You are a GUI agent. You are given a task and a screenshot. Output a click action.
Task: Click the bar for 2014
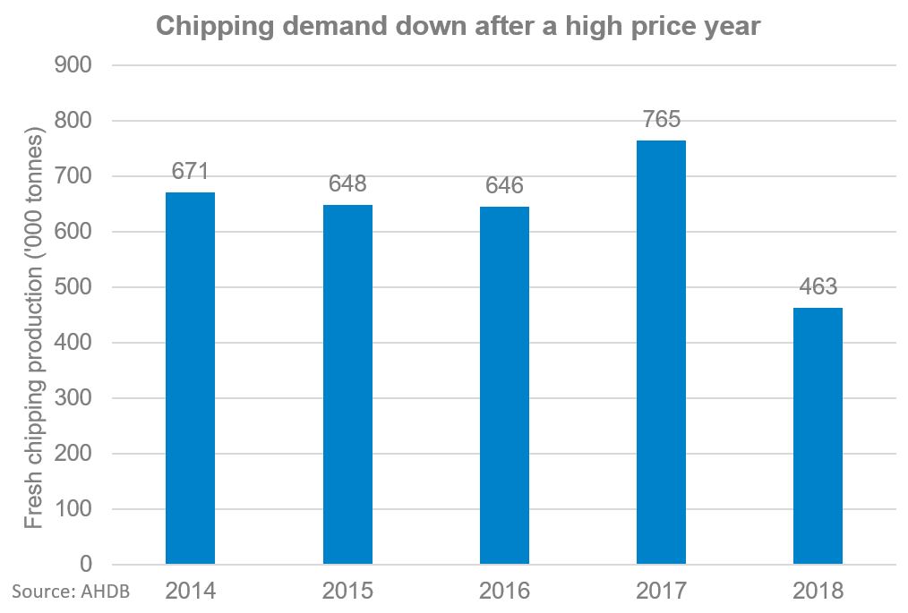point(190,379)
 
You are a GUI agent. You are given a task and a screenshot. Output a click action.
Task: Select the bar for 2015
point(347,385)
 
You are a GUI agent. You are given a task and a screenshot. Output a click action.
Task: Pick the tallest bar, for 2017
point(661,353)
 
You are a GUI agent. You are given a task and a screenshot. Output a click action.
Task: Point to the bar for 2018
point(818,436)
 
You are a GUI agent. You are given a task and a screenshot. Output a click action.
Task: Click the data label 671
point(190,172)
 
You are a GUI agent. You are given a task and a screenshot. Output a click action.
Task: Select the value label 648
point(347,184)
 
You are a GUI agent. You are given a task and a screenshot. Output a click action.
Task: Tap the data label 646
point(504,186)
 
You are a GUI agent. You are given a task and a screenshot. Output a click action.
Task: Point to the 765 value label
point(661,120)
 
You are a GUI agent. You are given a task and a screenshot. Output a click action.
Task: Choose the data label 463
point(818,287)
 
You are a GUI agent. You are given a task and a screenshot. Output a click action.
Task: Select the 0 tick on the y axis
point(87,565)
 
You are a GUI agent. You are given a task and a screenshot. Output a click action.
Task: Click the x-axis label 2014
point(190,592)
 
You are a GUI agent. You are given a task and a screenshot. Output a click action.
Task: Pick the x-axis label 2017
point(661,592)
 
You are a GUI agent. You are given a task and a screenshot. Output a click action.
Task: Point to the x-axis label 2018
point(818,592)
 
